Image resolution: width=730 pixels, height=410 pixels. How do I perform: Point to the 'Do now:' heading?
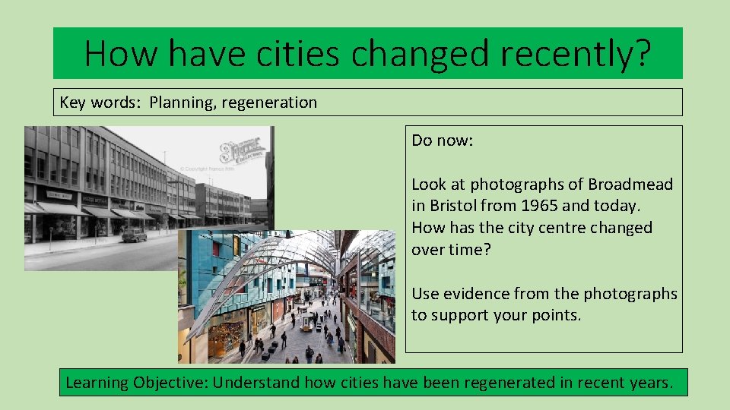coord(442,140)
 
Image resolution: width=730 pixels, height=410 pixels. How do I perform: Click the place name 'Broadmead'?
coord(630,184)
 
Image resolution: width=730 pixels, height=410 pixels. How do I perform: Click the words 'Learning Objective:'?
coord(137,383)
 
